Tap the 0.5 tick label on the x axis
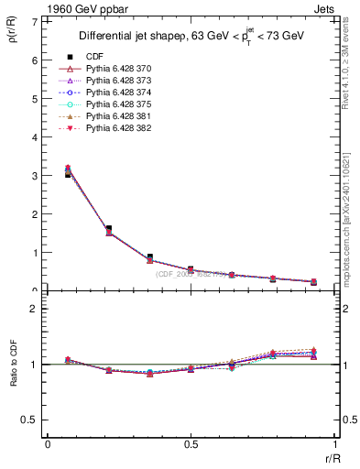(191, 444)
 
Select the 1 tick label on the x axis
(334, 444)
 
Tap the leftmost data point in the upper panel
(68, 171)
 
